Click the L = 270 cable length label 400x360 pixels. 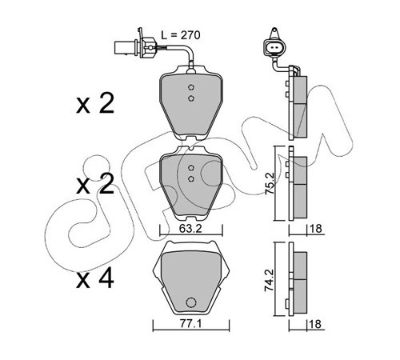(181, 35)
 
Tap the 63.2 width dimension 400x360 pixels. (190, 229)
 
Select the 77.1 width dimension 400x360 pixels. (190, 324)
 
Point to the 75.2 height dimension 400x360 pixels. (270, 183)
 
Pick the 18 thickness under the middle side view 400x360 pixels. (316, 229)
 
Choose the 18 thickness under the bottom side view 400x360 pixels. (315, 324)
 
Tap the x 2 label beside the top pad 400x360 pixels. (95, 103)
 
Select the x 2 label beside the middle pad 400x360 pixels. (95, 184)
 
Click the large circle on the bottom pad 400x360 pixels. (191, 302)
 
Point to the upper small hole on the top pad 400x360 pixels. (191, 87)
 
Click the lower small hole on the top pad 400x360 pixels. (191, 98)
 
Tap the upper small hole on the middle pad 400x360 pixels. (191, 168)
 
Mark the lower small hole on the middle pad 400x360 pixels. (191, 178)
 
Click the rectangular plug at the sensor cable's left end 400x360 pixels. (125, 48)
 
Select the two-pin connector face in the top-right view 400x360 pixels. (274, 48)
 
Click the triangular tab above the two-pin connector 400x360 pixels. (274, 34)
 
